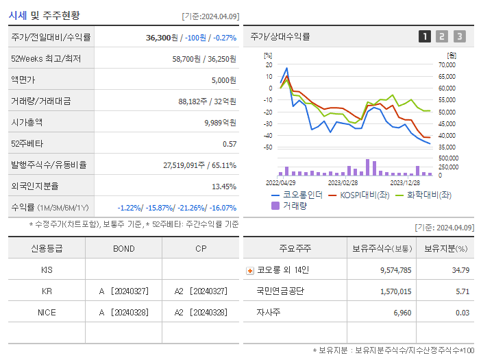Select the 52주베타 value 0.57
230,144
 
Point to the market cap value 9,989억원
221,123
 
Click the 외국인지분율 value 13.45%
224,187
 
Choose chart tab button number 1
425,37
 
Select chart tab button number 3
459,37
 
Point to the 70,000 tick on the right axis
446,65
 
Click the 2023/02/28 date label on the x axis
343,183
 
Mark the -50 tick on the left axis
269,147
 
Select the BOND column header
123,249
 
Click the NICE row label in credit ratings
47,313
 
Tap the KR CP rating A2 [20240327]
200,291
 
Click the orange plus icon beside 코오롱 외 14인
250,270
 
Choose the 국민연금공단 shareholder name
280,291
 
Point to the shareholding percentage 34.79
461,270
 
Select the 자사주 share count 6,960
398,313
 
